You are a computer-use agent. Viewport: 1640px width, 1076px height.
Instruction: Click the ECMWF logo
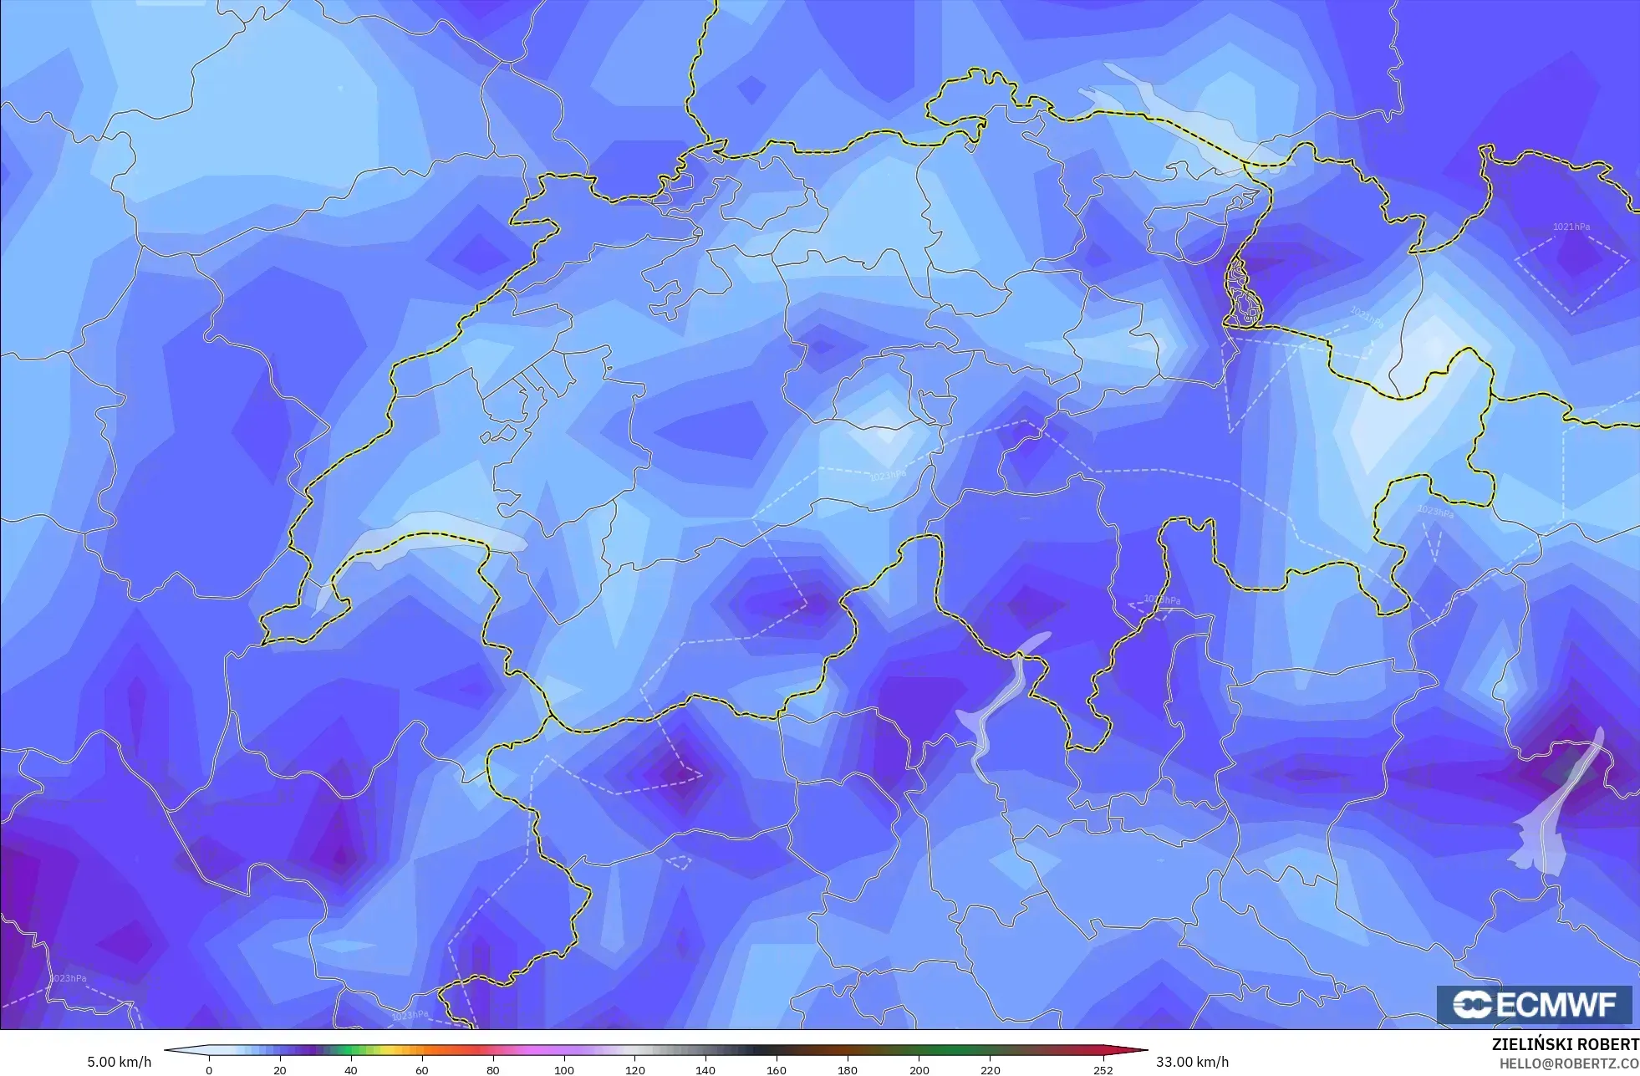click(x=1534, y=1005)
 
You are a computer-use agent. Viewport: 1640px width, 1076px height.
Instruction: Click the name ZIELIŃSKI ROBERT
click(x=1565, y=1044)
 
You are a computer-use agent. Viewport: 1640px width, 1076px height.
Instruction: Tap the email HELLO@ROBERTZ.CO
click(x=1568, y=1063)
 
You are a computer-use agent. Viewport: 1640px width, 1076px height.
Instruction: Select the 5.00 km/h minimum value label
click(x=119, y=1062)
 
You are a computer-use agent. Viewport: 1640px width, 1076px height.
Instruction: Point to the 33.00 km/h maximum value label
click(x=1192, y=1062)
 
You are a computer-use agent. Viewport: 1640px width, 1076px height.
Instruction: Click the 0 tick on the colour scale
click(x=209, y=1070)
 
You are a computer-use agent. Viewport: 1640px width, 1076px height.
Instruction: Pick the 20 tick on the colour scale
click(x=280, y=1070)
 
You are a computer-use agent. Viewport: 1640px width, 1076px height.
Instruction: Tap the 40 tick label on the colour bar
click(x=351, y=1070)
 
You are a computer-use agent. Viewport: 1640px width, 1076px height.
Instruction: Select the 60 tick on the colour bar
click(x=422, y=1070)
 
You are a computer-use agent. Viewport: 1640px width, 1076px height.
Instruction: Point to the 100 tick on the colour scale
click(x=564, y=1070)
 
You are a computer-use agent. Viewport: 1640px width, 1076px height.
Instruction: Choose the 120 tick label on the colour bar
click(x=635, y=1070)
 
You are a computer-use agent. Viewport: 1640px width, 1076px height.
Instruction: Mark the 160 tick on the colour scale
click(x=777, y=1070)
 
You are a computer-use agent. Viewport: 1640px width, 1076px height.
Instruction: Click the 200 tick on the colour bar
click(x=919, y=1070)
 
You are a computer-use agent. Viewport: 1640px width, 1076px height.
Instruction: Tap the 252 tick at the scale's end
click(x=1103, y=1070)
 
